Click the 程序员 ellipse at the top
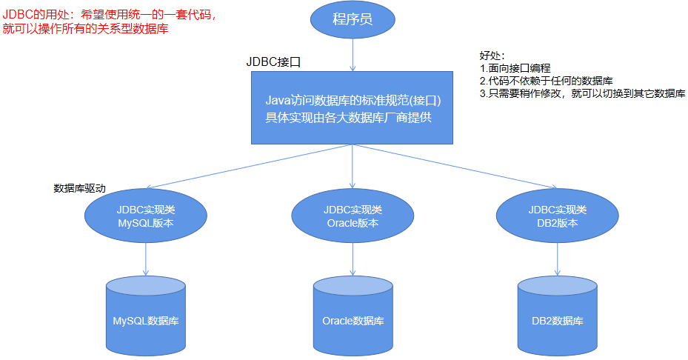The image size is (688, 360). click(352, 20)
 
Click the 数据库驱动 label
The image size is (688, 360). click(79, 188)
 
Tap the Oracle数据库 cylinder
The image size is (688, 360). click(353, 317)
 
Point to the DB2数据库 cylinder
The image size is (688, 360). click(557, 317)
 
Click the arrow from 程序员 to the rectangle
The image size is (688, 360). click(352, 56)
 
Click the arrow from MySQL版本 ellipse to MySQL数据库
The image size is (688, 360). click(145, 260)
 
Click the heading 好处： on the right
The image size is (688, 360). click(492, 56)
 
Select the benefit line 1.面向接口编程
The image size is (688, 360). click(515, 68)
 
